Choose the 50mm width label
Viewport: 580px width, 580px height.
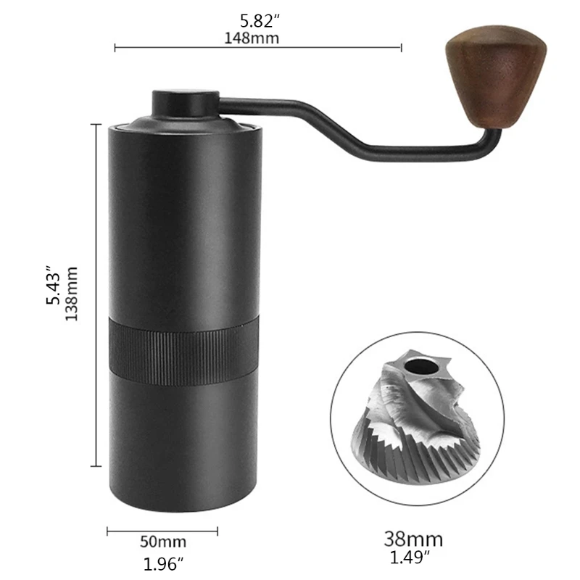162,542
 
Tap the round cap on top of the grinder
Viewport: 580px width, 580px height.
185,102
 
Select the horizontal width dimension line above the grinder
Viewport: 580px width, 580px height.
258,49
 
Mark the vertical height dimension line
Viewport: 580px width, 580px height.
97,294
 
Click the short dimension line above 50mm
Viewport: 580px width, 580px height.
162,531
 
